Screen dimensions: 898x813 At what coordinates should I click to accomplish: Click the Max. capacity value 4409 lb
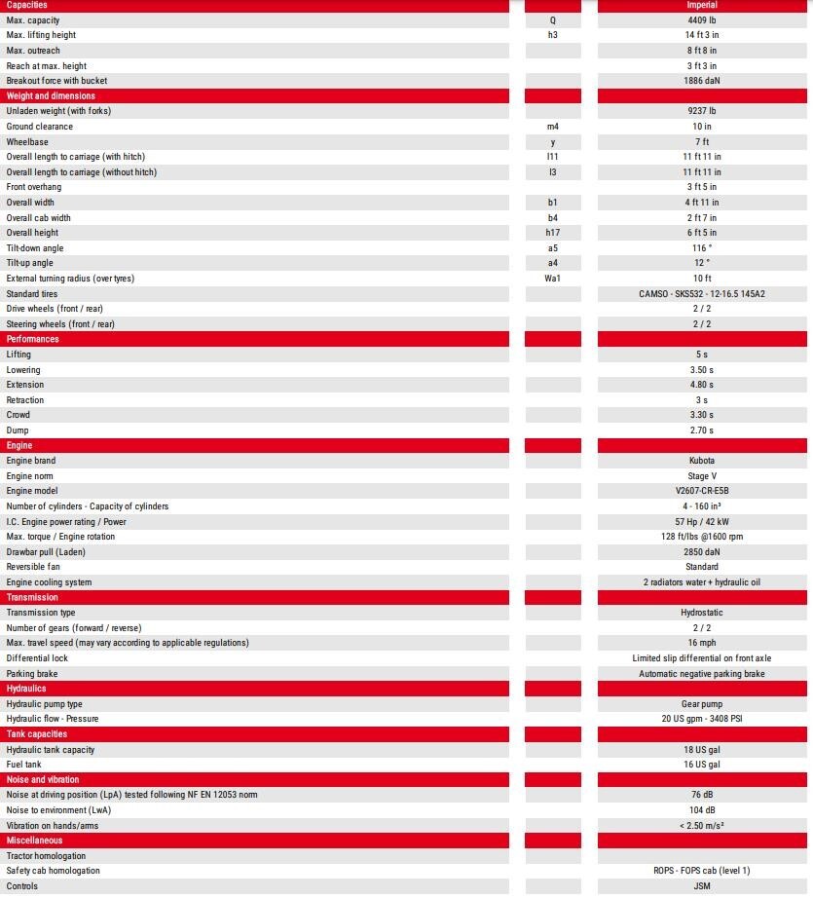pos(701,20)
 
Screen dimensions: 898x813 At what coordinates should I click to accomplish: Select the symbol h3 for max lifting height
pos(553,35)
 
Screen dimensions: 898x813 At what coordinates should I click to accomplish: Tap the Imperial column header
pos(701,5)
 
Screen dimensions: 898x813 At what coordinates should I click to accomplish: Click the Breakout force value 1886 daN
pos(701,81)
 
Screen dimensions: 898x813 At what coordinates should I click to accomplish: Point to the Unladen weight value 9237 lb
pos(701,111)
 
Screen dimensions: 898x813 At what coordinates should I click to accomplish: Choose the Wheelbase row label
pos(27,142)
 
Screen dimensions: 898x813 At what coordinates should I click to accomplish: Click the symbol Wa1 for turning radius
pos(553,279)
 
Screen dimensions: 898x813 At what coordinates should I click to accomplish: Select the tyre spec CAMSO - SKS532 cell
pos(701,294)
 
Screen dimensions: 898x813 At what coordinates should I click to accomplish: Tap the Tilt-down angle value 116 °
pos(701,248)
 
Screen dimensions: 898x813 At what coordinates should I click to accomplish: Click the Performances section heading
pos(33,339)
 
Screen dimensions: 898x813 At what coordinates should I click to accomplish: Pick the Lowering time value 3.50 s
pos(701,370)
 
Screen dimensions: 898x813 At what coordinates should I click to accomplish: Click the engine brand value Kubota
pos(701,461)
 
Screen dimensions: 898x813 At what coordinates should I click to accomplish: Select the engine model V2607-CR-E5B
pos(701,491)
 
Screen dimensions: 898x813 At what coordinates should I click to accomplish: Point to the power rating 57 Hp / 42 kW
pos(701,522)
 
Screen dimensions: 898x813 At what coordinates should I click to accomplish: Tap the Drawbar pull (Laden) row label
pos(46,552)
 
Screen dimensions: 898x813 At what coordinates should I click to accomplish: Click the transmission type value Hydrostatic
pos(701,613)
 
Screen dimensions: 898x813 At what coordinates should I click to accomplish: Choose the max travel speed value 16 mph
pos(701,643)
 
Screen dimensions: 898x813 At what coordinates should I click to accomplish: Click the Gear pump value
pos(701,704)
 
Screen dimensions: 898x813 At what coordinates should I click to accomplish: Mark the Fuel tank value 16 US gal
pos(701,765)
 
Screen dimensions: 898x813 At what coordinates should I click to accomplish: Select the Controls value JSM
pos(701,886)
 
